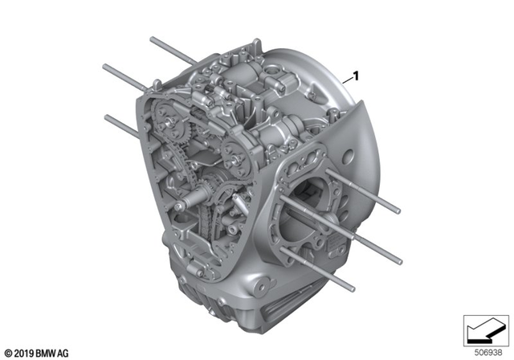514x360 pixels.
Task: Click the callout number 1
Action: (x=355, y=76)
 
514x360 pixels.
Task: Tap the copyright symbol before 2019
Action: (x=7, y=352)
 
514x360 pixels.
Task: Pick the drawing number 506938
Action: (x=483, y=350)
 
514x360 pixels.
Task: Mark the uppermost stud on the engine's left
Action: (x=170, y=49)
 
